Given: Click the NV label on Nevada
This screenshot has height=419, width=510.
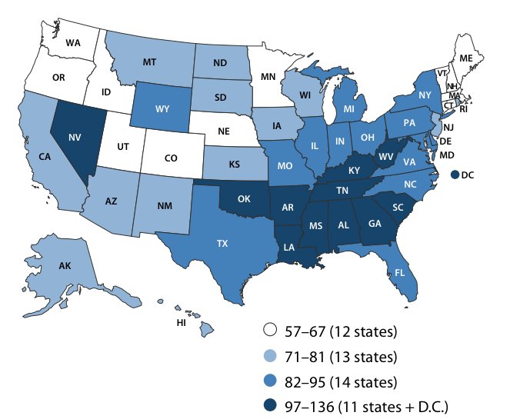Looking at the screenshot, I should point(76,139).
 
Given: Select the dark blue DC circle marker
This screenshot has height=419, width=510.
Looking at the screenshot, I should point(455,175).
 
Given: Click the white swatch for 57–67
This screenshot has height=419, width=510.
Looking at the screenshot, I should point(268,332).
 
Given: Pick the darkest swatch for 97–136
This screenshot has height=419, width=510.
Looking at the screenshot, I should point(268,405).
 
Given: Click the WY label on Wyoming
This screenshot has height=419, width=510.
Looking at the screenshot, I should point(162,108).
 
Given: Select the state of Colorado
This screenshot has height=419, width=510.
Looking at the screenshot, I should point(174,158).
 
